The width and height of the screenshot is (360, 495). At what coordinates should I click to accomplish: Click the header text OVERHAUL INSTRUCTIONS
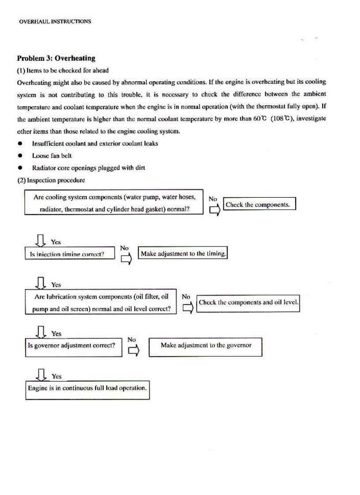pyautogui.click(x=55, y=21)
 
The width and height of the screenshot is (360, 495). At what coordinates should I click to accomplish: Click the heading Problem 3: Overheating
pyautogui.click(x=56, y=58)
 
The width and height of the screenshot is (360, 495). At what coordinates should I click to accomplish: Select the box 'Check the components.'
pyautogui.click(x=259, y=204)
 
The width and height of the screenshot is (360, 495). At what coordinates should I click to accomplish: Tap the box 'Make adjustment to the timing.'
pyautogui.click(x=183, y=254)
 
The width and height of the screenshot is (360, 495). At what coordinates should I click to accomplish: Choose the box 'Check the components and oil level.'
pyautogui.click(x=248, y=303)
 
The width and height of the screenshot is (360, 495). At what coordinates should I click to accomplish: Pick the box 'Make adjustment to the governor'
pyautogui.click(x=206, y=346)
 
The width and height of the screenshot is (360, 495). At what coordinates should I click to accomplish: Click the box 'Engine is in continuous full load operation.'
pyautogui.click(x=87, y=390)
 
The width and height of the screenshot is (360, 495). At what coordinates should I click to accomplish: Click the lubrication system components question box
pyautogui.click(x=101, y=303)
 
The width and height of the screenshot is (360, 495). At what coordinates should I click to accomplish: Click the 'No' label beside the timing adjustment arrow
pyautogui.click(x=124, y=248)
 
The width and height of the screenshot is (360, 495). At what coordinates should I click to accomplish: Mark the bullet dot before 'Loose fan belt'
pyautogui.click(x=20, y=156)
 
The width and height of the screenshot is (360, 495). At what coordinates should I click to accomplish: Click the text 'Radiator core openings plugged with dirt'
pyautogui.click(x=89, y=168)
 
